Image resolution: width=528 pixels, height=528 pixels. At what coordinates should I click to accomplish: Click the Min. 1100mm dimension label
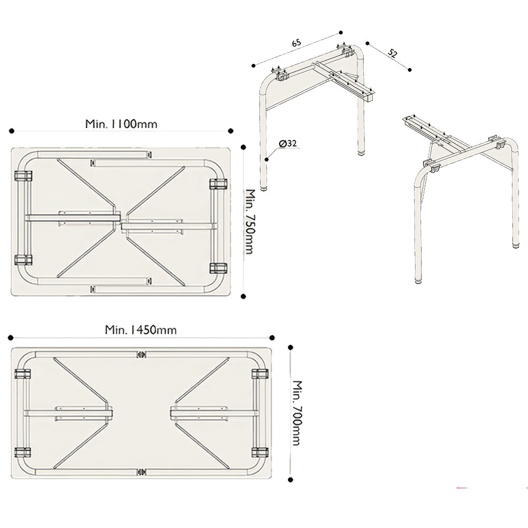(x=121, y=124)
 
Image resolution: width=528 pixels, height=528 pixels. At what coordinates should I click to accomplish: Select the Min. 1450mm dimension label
(x=141, y=329)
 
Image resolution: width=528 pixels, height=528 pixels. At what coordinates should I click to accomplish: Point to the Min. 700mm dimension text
(x=296, y=413)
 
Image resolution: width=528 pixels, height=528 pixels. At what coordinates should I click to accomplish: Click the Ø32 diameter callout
(x=288, y=144)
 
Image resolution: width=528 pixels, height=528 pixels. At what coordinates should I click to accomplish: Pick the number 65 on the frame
(x=296, y=43)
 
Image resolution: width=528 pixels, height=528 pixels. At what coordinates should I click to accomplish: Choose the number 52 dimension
(x=393, y=53)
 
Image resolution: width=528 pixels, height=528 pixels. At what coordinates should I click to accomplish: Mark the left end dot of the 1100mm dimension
(x=12, y=130)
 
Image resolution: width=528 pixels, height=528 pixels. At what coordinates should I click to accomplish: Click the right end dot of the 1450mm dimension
(x=272, y=338)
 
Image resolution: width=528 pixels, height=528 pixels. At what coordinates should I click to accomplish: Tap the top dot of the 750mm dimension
(x=243, y=147)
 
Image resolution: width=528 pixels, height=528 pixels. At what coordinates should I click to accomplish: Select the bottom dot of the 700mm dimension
(x=290, y=480)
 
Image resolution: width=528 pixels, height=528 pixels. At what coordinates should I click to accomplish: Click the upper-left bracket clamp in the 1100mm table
(x=23, y=176)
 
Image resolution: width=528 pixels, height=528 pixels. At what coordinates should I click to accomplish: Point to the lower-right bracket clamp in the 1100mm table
(x=218, y=268)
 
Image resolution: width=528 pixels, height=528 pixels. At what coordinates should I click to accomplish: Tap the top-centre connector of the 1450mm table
(x=141, y=354)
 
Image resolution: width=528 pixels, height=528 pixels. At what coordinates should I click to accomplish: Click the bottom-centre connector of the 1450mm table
(x=141, y=473)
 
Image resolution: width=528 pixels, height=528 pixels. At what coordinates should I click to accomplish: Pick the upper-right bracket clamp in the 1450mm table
(x=260, y=374)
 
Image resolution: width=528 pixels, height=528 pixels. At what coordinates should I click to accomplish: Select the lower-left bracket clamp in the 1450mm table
(x=23, y=452)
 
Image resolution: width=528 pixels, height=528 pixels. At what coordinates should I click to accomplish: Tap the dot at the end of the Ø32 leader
(x=267, y=159)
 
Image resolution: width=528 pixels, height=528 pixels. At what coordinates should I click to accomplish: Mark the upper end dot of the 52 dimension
(x=367, y=43)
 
